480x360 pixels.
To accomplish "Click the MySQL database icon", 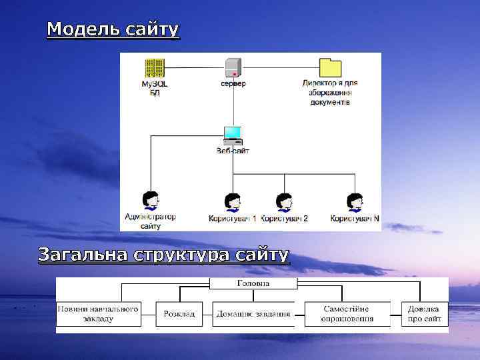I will (x=154, y=68).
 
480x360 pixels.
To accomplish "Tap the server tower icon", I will (x=233, y=68).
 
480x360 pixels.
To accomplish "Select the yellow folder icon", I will (x=330, y=67).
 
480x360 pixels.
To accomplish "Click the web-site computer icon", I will (x=233, y=135).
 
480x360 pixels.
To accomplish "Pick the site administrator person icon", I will (x=151, y=201).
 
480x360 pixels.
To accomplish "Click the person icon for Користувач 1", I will (x=232, y=202).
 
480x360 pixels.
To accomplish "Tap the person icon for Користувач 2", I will (x=285, y=202).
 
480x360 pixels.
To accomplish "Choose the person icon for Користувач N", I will (x=355, y=202).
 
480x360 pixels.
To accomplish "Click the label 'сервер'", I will (x=233, y=84).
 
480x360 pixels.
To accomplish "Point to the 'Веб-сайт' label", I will (x=233, y=151).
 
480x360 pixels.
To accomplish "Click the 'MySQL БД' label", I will (x=154, y=89).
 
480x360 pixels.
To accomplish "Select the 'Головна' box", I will (x=253, y=283).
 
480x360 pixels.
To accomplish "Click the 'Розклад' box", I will (x=179, y=314).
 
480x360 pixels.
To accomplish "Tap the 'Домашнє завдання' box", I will (x=253, y=314).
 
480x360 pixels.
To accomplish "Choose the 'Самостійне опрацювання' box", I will (x=347, y=314).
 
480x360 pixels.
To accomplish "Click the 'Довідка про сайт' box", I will (x=425, y=314).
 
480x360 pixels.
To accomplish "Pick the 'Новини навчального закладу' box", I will (x=98, y=314).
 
